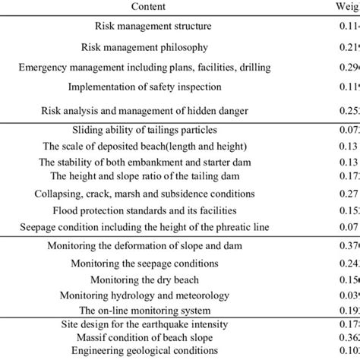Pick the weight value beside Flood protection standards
point(346,210)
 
